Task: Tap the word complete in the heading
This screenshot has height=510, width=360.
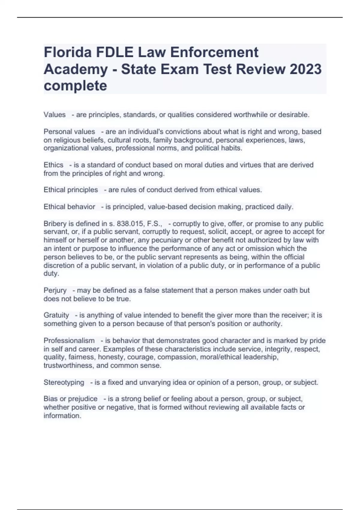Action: point(75,86)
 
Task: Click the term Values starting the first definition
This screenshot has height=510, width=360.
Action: point(55,115)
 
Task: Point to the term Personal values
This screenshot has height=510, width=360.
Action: point(69,132)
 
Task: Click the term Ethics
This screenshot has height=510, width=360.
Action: point(53,165)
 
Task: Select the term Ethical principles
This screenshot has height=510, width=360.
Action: point(71,190)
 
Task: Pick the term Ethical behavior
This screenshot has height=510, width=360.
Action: point(69,207)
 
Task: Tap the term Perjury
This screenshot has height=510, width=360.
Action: point(55,290)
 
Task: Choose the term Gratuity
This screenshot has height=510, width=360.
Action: point(56,315)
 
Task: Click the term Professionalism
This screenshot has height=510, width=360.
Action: point(69,341)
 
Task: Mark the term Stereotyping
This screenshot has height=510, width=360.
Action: point(64,382)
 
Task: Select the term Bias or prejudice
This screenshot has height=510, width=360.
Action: point(70,399)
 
